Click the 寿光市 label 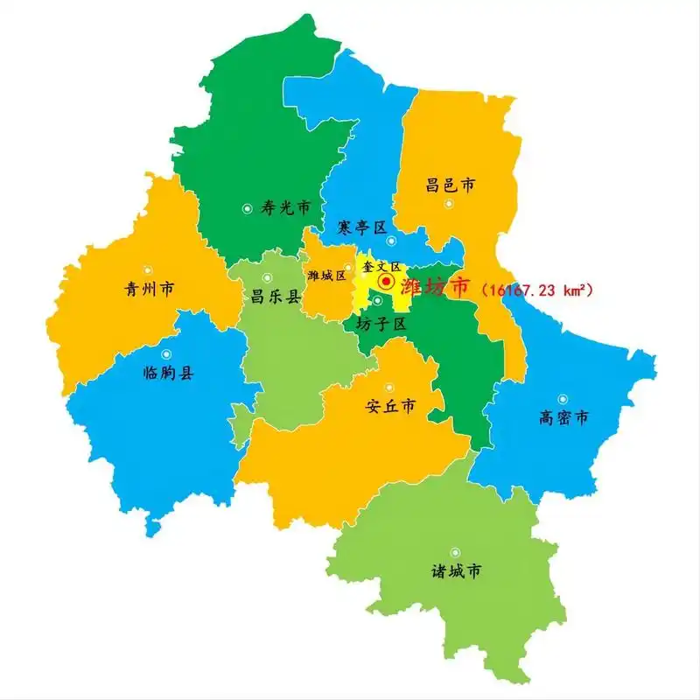tap(286, 208)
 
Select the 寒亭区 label tap(362, 227)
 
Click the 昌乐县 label tap(276, 297)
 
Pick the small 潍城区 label tap(327, 276)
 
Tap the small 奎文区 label tap(381, 266)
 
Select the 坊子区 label tap(382, 323)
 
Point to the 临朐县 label tap(168, 373)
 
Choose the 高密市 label tap(564, 417)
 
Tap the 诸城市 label tap(456, 571)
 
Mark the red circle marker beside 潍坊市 tap(386, 282)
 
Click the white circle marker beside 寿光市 tap(248, 208)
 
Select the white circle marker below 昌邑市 tap(449, 204)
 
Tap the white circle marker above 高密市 tap(563, 399)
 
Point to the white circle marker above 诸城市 tap(455, 552)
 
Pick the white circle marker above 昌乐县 tap(267, 278)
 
